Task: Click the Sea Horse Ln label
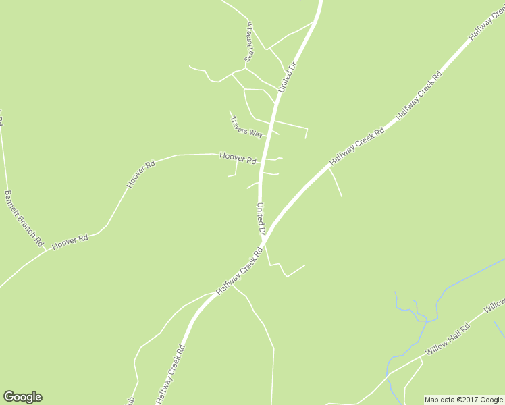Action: pyautogui.click(x=248, y=43)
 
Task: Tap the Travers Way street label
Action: pyautogui.click(x=246, y=126)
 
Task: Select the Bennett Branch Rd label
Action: pyautogui.click(x=24, y=217)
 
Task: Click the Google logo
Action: pyautogui.click(x=22, y=397)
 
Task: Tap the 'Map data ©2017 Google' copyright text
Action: pyautogui.click(x=464, y=400)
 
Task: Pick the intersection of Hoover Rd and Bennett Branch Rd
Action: pyautogui.click(x=46, y=248)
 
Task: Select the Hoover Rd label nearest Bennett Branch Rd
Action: pyautogui.click(x=70, y=242)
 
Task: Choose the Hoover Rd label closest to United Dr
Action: pyautogui.click(x=238, y=158)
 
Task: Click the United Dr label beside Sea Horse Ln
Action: pyautogui.click(x=287, y=78)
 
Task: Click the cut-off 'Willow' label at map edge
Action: pyautogui.click(x=495, y=305)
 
